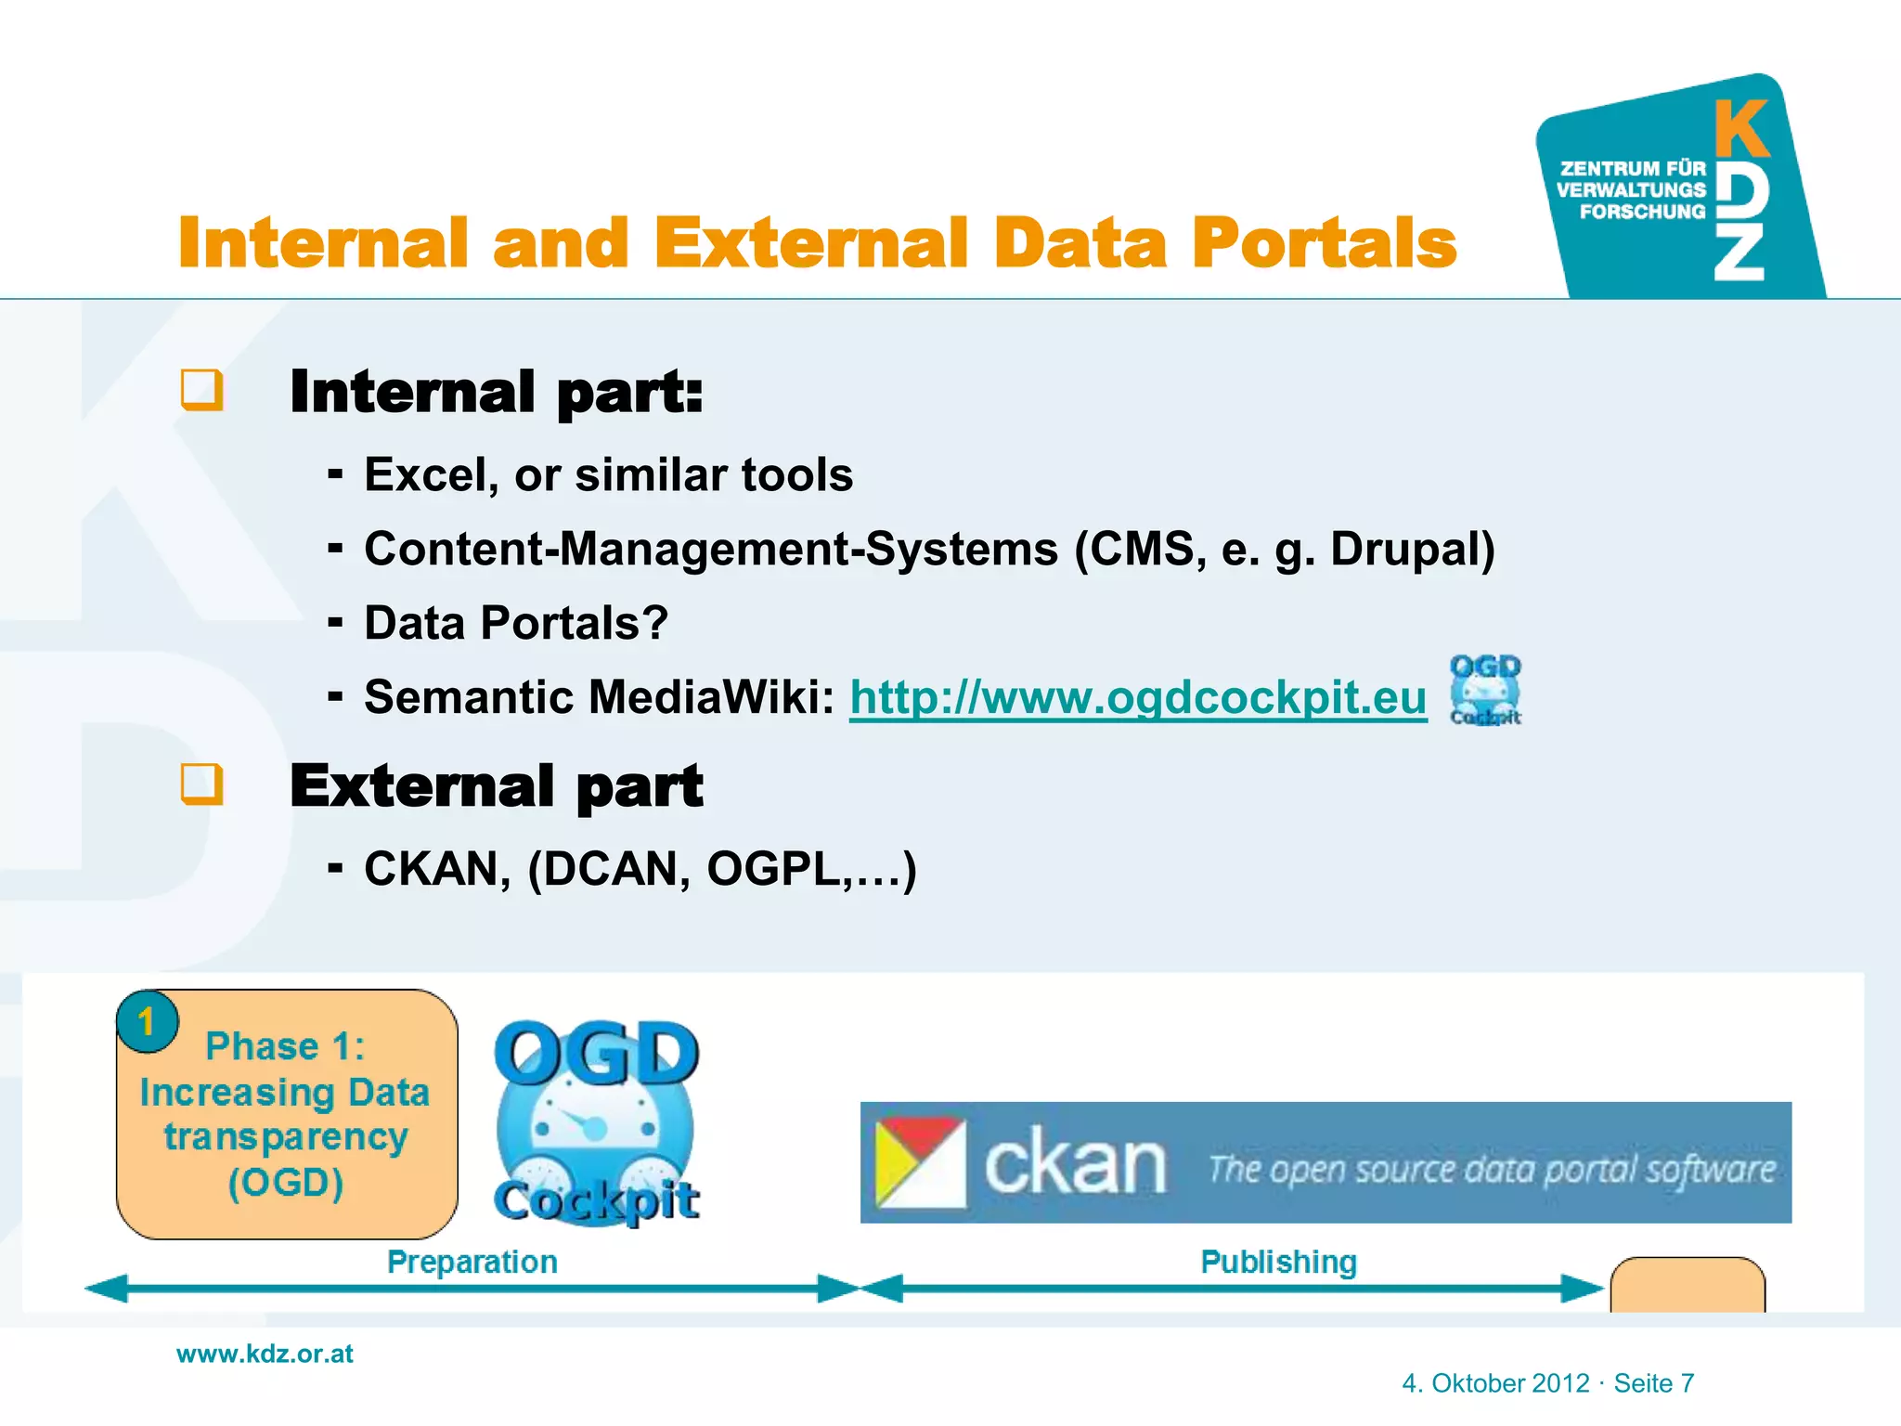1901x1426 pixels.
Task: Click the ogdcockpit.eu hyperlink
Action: click(x=1137, y=697)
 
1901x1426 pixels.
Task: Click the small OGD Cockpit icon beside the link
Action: click(x=1485, y=690)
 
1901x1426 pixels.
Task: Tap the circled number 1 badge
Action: click(x=147, y=1022)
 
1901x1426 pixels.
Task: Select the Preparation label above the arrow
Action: click(x=472, y=1262)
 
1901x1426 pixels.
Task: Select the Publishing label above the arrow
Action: click(x=1278, y=1262)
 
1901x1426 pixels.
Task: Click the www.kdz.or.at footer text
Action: click(x=265, y=1354)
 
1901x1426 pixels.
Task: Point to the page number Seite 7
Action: click(x=1653, y=1383)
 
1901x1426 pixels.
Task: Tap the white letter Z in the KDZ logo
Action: click(x=1739, y=252)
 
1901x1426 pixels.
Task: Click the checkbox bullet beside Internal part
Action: click(x=201, y=390)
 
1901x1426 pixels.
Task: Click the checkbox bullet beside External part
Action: click(x=201, y=784)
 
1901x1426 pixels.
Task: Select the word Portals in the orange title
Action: click(x=1324, y=243)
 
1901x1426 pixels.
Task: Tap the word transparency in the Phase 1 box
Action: click(x=286, y=1137)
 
